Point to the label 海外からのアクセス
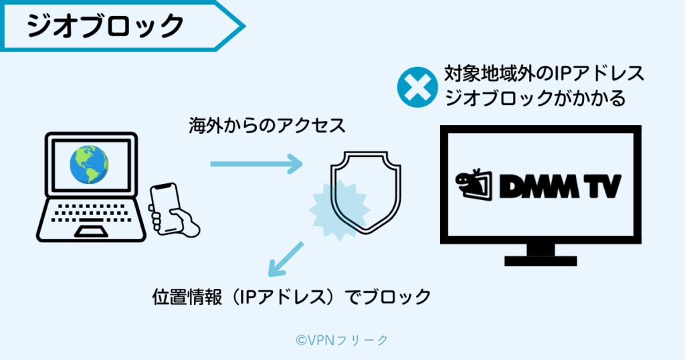(267, 125)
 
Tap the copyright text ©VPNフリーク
(341, 340)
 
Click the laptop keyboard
(91, 213)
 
